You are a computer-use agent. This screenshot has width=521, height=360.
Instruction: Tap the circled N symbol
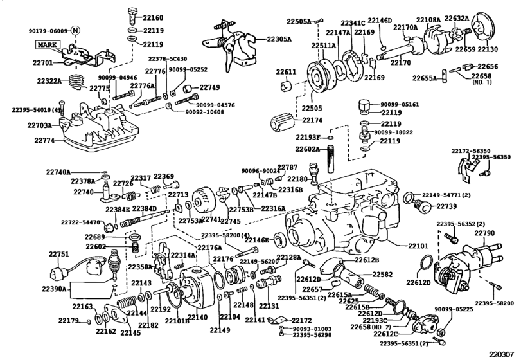coord(76,30)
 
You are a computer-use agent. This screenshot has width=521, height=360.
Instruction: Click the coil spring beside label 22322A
coord(76,81)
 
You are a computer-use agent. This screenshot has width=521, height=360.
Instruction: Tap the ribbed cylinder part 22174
coord(283,121)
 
